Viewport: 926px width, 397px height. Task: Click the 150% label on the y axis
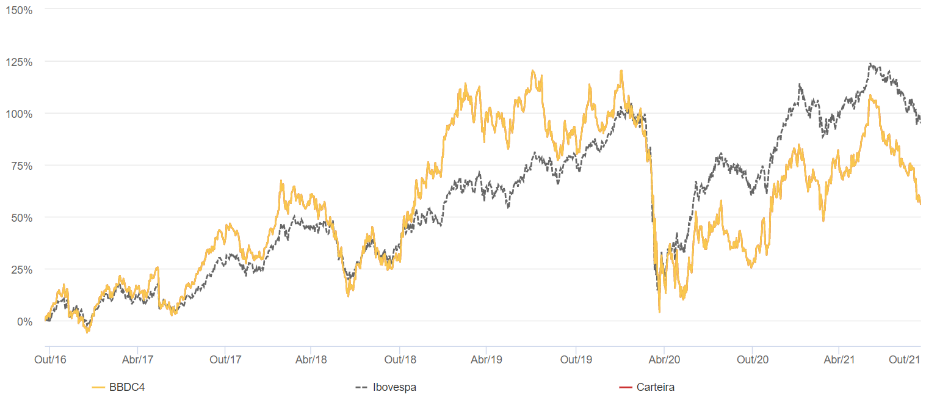19,10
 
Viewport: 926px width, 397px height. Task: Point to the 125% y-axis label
19,62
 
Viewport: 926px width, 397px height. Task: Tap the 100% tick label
19,114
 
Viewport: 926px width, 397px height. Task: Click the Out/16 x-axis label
50,359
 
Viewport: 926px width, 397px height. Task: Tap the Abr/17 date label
137,359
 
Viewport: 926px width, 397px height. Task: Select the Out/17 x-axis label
225,359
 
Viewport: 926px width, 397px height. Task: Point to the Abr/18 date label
311,359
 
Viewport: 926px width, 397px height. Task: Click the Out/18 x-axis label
400,359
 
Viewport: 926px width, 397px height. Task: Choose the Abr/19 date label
487,359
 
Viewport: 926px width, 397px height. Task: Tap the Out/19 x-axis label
576,359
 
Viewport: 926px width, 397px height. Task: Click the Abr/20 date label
664,359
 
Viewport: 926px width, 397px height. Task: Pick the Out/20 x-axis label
753,359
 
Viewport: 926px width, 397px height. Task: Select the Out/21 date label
904,359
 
